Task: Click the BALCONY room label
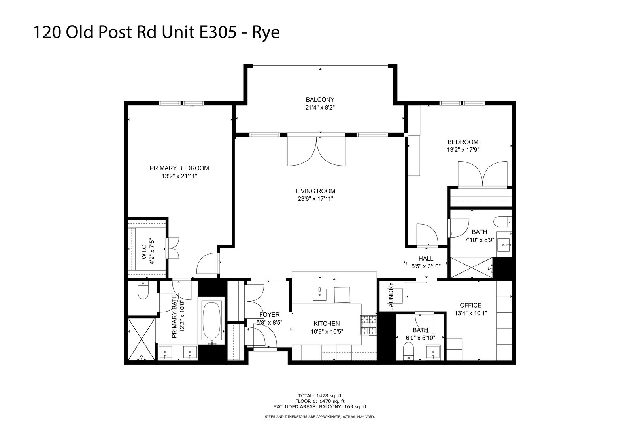320,100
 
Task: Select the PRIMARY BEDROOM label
179,168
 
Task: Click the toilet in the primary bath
142,292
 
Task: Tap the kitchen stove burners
368,325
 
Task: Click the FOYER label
269,315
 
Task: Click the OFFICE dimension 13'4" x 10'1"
470,313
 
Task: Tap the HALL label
426,258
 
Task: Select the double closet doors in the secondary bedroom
482,174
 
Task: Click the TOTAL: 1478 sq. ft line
319,395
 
